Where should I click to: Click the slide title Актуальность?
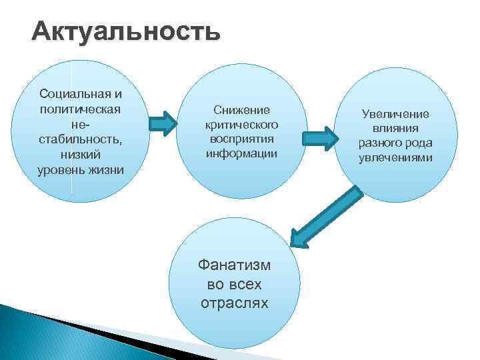(125, 32)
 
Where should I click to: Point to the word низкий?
(81, 154)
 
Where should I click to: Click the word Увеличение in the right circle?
(395, 114)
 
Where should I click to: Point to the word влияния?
(395, 129)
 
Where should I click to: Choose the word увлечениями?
(395, 158)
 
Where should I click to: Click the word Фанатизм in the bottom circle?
(235, 265)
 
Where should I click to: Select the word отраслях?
(235, 303)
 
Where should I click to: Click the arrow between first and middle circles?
(162, 123)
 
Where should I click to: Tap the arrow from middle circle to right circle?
(321, 138)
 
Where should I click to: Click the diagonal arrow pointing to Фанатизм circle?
(327, 215)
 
